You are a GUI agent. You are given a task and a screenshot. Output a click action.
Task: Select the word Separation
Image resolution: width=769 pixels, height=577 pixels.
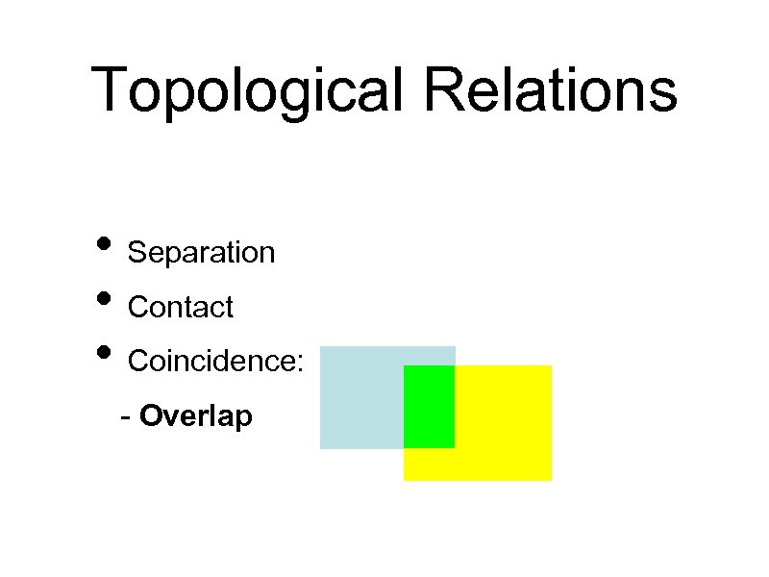(201, 253)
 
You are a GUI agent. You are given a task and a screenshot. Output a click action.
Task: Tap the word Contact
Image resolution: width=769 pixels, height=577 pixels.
(181, 308)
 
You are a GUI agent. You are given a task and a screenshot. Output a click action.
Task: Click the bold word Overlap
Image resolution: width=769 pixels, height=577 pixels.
(196, 417)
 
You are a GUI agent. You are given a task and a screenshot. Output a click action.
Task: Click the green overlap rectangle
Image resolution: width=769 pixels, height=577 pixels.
(429, 406)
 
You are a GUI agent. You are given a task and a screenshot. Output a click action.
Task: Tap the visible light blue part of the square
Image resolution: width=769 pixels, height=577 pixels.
(361, 396)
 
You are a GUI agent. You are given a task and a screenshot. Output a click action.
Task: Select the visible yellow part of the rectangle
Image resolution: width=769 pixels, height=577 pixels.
(502, 423)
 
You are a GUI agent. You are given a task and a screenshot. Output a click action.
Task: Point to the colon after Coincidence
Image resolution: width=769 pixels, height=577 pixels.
(301, 364)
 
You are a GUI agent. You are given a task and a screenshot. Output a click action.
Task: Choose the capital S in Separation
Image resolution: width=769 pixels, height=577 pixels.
(137, 253)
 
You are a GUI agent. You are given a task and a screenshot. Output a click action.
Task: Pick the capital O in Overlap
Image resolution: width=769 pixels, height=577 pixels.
(151, 417)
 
